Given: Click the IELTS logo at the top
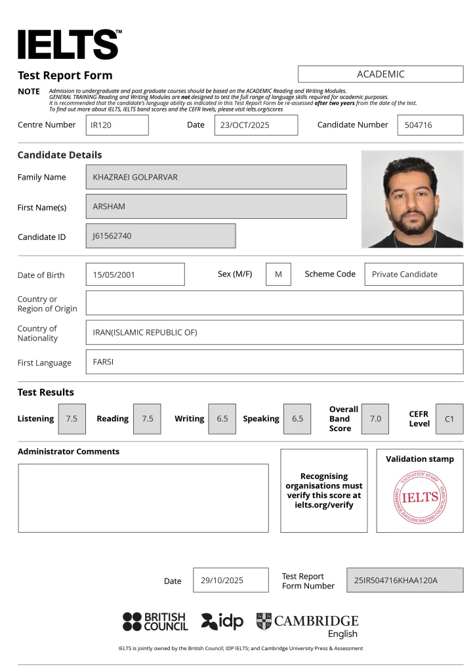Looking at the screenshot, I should pos(69,45).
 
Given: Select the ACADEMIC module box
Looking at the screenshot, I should pos(381,74).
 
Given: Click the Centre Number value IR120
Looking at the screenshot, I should pos(117,125).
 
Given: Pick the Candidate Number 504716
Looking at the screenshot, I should pos(430,125).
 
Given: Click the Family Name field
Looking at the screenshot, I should pos(216,177).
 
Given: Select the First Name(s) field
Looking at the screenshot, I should pos(216,206).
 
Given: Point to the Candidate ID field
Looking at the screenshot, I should pos(160,236).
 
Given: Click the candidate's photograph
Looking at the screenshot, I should pos(412,199).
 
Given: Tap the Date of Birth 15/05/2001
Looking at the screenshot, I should pos(135,275).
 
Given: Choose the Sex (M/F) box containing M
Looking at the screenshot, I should pos(278,275).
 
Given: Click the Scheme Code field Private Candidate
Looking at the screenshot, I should pos(413,275).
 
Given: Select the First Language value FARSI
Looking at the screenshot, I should pos(274,362).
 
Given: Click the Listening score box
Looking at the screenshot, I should pos(72,419).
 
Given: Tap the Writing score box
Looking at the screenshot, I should pos(222,419).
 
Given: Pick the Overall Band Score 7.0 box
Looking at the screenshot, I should pos(375,419).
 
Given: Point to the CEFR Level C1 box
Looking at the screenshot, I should pos(449,419).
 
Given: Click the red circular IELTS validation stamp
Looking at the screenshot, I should pos(420,497).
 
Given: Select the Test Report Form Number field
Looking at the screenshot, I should pos(404,580).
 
